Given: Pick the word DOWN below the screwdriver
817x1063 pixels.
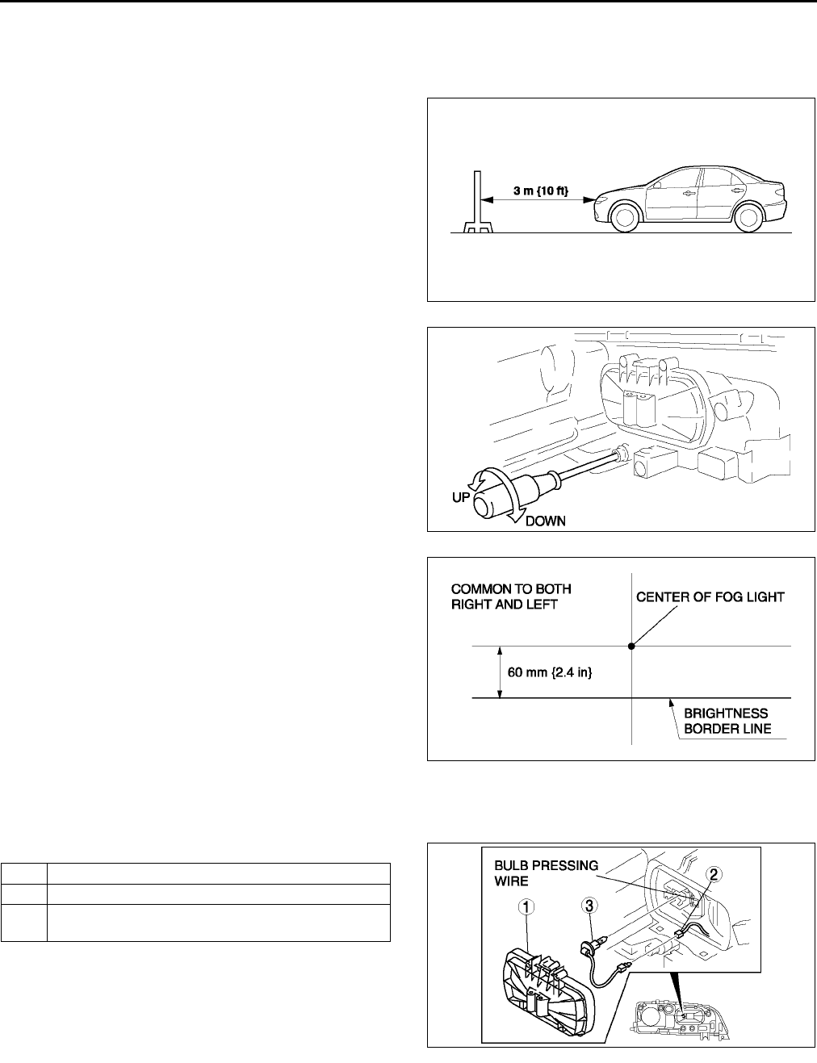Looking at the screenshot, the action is [x=545, y=521].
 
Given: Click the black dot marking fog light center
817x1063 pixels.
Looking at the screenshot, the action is [x=631, y=646].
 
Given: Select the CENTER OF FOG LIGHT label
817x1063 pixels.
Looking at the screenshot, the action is [x=710, y=597].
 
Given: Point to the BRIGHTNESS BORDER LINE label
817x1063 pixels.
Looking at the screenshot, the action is [x=726, y=721].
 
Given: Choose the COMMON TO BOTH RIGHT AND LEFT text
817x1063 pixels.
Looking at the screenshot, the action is [x=504, y=596].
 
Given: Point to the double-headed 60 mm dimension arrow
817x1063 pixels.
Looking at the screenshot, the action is [x=501, y=672].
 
